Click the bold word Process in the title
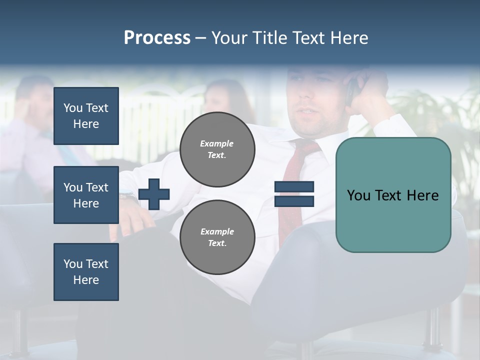(x=157, y=38)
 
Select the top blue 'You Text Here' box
(x=86, y=116)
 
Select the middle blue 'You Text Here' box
(x=86, y=195)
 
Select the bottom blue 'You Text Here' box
(x=86, y=272)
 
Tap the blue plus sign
(x=154, y=194)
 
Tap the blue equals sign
(x=294, y=194)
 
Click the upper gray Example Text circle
(x=217, y=149)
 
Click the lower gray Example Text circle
(x=217, y=237)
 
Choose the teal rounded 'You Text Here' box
(x=393, y=195)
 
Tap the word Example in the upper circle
(x=216, y=143)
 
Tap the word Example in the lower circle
(x=216, y=231)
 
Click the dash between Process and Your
(x=201, y=38)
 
